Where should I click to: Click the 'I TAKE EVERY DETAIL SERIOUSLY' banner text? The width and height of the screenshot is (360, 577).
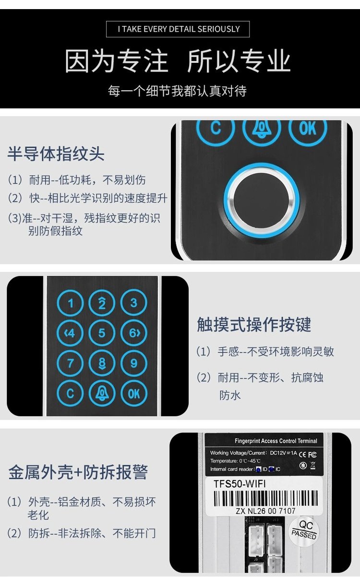(179, 29)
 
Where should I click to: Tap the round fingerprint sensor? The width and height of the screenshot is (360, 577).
(262, 201)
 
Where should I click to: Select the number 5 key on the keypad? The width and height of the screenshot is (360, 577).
(102, 333)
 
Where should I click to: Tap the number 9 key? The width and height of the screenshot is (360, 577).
(134, 363)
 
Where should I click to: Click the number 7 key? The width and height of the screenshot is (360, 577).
(70, 363)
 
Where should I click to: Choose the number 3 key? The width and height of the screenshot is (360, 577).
(134, 303)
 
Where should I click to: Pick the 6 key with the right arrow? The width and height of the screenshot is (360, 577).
(134, 333)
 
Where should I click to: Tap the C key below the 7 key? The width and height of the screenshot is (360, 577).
(70, 393)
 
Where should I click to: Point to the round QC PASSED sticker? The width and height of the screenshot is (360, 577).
(304, 532)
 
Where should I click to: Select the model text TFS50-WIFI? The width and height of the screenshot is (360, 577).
(240, 484)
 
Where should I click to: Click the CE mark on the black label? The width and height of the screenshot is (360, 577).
(303, 455)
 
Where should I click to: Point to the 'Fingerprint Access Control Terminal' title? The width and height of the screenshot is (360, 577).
(276, 441)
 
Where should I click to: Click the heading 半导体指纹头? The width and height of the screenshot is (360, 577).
(56, 153)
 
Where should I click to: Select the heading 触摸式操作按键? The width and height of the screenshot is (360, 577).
(254, 324)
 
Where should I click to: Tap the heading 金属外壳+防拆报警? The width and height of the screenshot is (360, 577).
(78, 472)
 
